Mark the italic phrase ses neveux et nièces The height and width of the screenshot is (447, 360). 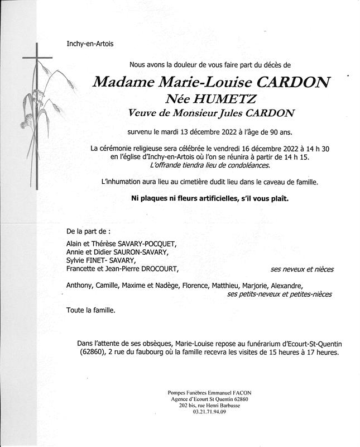302,269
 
